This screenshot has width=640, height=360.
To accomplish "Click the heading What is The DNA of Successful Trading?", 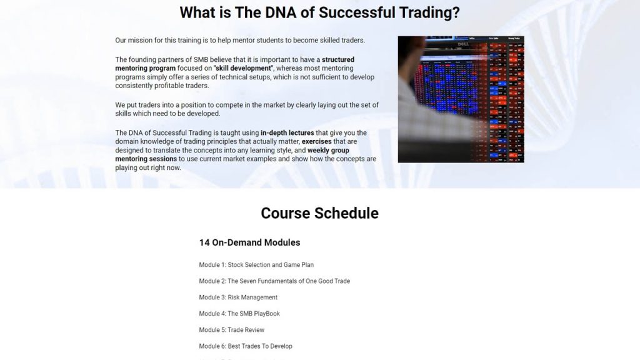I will pos(319,12).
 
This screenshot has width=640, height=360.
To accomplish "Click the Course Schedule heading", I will pos(319,213).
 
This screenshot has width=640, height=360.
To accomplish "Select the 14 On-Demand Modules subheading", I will pos(249,242).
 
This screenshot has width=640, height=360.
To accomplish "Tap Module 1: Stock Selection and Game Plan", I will pos(256,265).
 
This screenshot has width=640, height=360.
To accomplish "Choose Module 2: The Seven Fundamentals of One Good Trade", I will pos(274,281).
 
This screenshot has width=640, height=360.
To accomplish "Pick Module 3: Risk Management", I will pos(238,297).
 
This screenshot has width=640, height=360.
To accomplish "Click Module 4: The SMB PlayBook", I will pos(239,314).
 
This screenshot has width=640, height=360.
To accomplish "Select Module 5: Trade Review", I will pos(231,330).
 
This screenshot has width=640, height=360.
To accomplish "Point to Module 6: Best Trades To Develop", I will pos(246,346).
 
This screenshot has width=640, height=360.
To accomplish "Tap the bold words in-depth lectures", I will pos(287,133).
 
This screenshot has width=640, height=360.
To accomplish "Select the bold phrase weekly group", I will pos(328,151).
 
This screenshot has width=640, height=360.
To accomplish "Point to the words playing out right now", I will pos(148,168).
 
